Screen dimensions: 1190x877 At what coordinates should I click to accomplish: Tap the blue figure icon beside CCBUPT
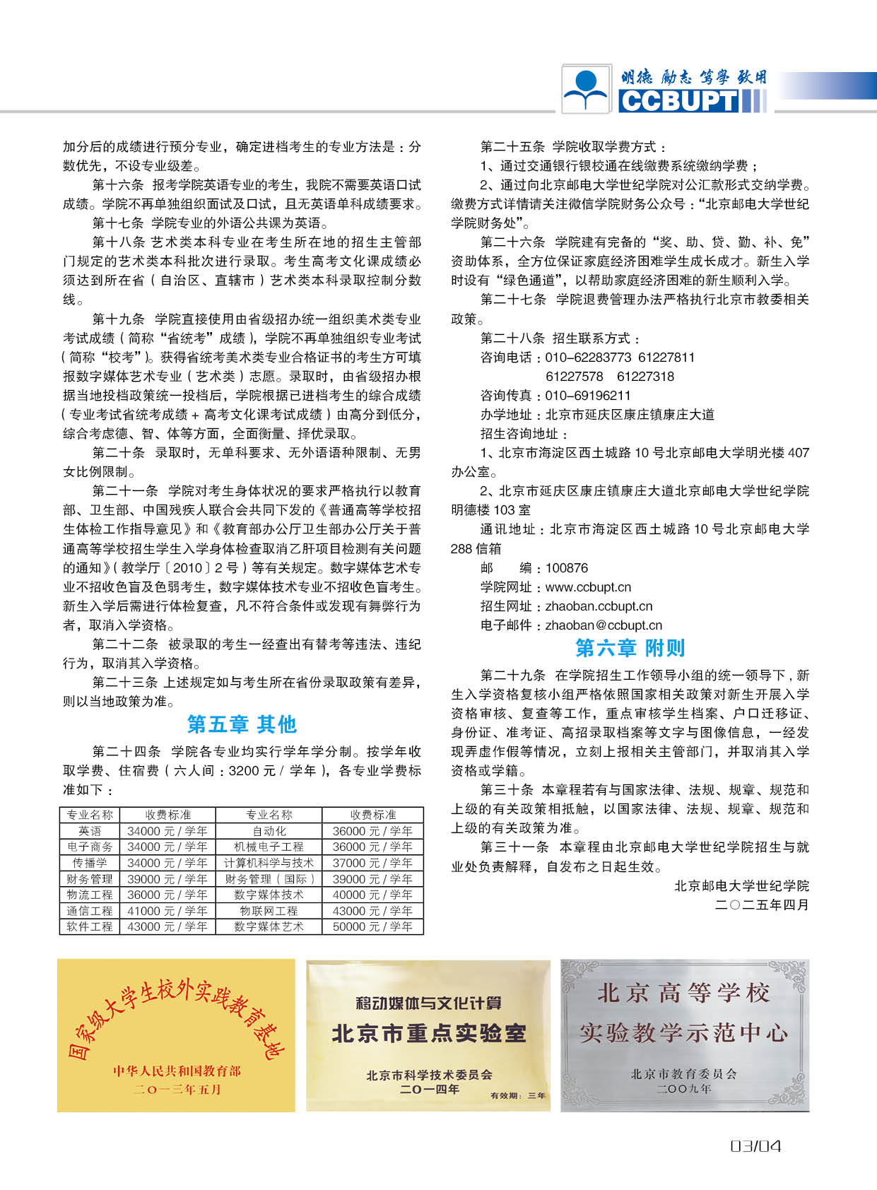pyautogui.click(x=587, y=89)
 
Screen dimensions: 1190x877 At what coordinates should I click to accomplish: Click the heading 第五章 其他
pyautogui.click(x=242, y=724)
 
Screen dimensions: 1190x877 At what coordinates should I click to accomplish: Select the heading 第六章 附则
pyautogui.click(x=630, y=647)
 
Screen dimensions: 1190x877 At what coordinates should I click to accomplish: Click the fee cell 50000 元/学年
pyautogui.click(x=372, y=926)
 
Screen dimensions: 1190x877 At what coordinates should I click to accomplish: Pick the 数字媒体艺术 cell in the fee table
pyautogui.click(x=269, y=926)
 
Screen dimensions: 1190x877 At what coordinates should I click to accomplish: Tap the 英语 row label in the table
pyautogui.click(x=90, y=831)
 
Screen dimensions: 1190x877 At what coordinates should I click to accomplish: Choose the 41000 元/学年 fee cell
pyautogui.click(x=167, y=911)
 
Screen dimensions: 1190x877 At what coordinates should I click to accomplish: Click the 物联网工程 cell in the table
pyautogui.click(x=269, y=911)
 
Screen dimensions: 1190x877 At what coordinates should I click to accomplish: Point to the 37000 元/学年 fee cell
pyautogui.click(x=372, y=863)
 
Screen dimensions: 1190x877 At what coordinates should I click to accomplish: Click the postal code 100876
pyautogui.click(x=566, y=568)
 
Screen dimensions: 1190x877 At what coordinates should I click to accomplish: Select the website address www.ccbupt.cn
pyautogui.click(x=588, y=587)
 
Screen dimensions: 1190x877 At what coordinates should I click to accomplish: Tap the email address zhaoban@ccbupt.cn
pyautogui.click(x=604, y=625)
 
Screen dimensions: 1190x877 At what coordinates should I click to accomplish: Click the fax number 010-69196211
pyautogui.click(x=588, y=396)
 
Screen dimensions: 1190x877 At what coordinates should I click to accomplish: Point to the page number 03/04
pyautogui.click(x=755, y=1146)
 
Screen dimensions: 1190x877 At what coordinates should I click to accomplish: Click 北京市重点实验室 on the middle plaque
pyautogui.click(x=429, y=1034)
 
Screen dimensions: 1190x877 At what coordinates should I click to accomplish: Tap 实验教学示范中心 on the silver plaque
pyautogui.click(x=683, y=1033)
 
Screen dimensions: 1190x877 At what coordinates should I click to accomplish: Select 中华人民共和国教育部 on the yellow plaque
pyautogui.click(x=177, y=1071)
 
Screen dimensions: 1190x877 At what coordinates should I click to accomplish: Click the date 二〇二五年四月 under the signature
pyautogui.click(x=762, y=905)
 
